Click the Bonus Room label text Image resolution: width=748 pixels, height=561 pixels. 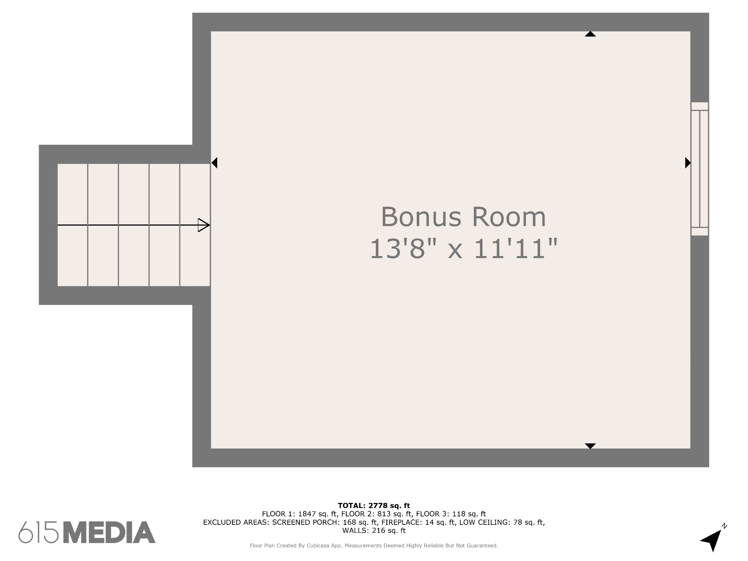tap(463, 217)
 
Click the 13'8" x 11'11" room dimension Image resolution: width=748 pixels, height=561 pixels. tap(464, 249)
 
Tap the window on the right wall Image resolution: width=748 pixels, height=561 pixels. tap(699, 169)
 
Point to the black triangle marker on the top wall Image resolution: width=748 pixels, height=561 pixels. tap(590, 34)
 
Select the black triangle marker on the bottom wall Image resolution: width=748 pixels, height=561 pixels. tap(590, 446)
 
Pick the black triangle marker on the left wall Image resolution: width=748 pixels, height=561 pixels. tap(214, 163)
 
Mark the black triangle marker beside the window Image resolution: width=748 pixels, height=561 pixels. tap(688, 163)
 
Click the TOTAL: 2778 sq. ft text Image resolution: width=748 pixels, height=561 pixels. tap(374, 505)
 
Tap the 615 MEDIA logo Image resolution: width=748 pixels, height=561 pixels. tap(87, 532)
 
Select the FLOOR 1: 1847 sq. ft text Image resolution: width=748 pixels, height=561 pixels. tap(299, 514)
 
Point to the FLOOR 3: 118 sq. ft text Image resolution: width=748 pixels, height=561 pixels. tap(451, 514)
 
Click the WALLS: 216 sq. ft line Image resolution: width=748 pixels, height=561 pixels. tap(374, 530)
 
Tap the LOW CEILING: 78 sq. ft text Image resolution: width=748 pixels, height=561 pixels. tap(502, 522)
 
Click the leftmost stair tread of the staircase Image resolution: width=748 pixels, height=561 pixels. tap(72, 225)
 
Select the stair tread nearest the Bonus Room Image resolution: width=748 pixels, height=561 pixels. tap(195, 225)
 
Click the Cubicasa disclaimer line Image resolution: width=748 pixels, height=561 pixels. tap(374, 546)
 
